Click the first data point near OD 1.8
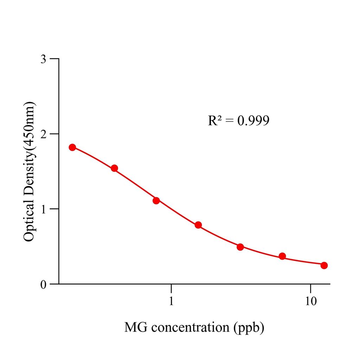click(x=72, y=147)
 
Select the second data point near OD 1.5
click(x=114, y=168)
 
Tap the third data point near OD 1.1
click(x=156, y=201)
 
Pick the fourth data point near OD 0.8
click(x=198, y=225)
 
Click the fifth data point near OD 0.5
click(x=240, y=247)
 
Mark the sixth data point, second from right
click(x=282, y=256)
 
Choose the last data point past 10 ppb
click(x=324, y=265)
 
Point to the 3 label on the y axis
click(x=43, y=59)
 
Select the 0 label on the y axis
click(x=43, y=284)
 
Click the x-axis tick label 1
click(x=171, y=301)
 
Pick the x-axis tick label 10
click(x=310, y=301)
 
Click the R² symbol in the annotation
click(x=215, y=121)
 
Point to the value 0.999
click(x=253, y=121)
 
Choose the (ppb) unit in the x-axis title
click(x=249, y=328)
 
